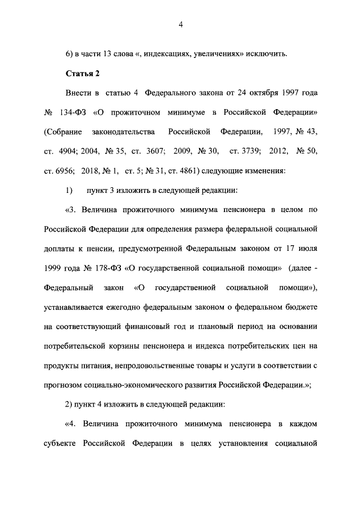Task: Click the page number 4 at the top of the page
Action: (181, 24)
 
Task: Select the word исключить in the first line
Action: (267, 53)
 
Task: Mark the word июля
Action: (309, 248)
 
